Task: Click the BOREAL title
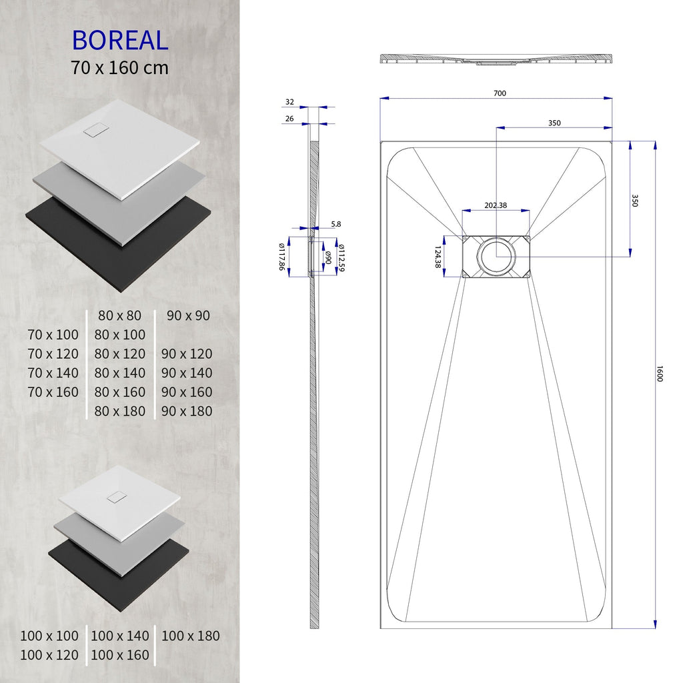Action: (x=120, y=40)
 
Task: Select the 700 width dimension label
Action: (x=500, y=93)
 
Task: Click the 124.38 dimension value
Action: (x=438, y=257)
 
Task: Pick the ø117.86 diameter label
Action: (x=282, y=256)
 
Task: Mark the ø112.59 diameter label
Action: (x=341, y=257)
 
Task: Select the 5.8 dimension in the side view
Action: (x=335, y=225)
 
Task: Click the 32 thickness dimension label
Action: (x=289, y=102)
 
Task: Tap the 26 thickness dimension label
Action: (x=289, y=119)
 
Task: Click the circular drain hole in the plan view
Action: (x=496, y=255)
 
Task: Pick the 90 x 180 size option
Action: (x=187, y=412)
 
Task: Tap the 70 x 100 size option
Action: (x=53, y=335)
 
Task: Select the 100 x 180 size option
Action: (x=190, y=636)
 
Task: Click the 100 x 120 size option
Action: (x=49, y=656)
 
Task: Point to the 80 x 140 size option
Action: (x=120, y=373)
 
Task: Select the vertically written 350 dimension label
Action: (x=634, y=201)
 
